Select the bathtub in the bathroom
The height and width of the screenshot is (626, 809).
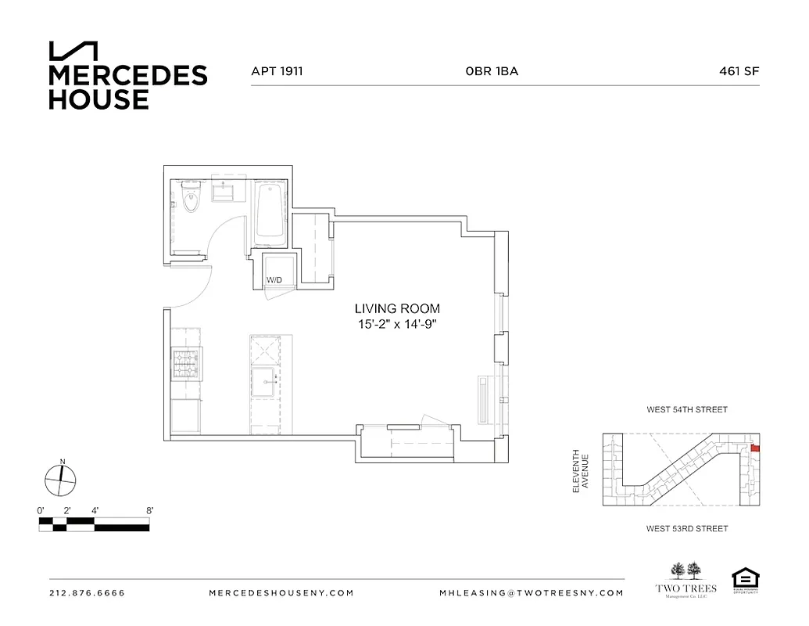[270, 210]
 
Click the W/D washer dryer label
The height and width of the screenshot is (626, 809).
[274, 279]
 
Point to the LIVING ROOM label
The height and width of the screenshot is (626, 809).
[397, 309]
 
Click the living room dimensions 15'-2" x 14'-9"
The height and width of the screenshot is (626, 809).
[397, 324]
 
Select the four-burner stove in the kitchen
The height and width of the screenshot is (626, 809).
[187, 365]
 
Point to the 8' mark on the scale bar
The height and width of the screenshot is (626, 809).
[149, 510]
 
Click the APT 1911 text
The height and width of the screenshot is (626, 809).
[277, 71]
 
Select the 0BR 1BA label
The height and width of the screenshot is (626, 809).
[492, 71]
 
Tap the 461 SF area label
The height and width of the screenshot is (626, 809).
[739, 71]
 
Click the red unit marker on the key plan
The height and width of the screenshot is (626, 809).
[754, 448]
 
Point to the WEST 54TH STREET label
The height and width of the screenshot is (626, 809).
[686, 409]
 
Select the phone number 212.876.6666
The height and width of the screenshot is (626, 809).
[87, 593]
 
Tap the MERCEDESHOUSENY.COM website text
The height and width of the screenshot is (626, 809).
[281, 593]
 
